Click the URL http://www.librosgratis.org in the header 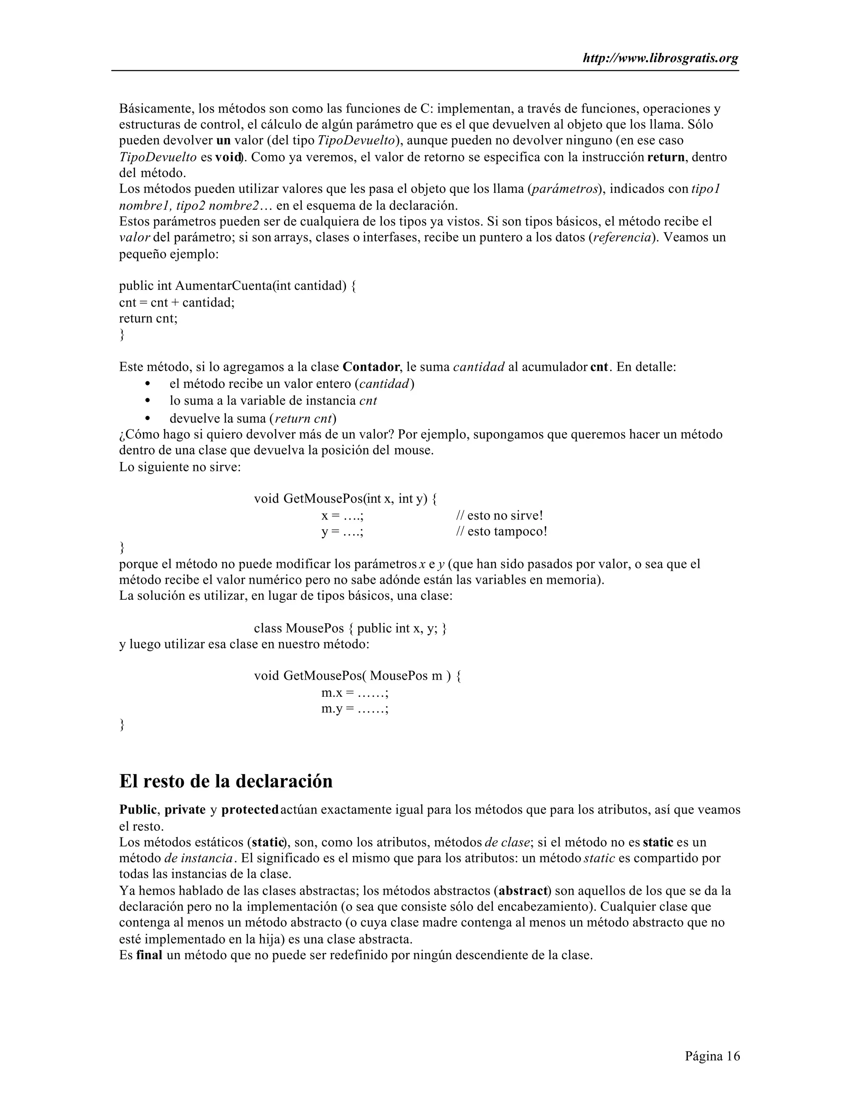tap(660, 59)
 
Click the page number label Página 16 tap(712, 1055)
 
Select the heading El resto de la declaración tap(225, 781)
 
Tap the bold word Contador tap(371, 367)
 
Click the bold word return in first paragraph tap(666, 157)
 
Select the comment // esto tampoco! tap(501, 532)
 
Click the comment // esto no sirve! tap(499, 516)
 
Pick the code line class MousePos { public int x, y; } tap(351, 628)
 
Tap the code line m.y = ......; tap(355, 709)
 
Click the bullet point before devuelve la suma tap(148, 419)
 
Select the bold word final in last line tap(149, 955)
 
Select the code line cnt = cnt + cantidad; tap(177, 303)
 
